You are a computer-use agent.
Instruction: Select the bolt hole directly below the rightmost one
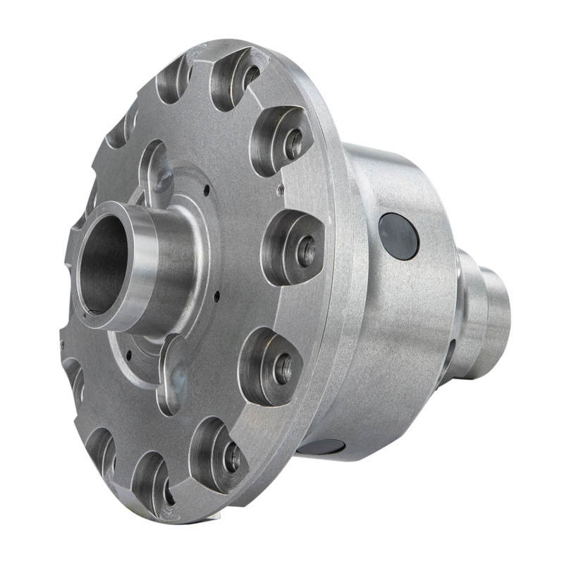tap(283, 368)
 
